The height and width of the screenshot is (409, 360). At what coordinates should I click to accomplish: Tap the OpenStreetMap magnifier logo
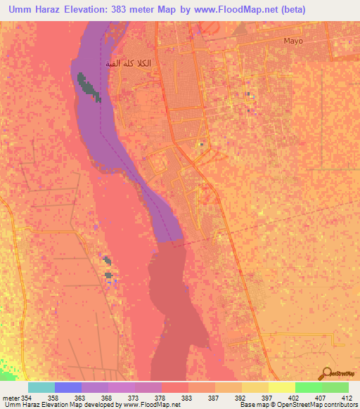click(x=328, y=375)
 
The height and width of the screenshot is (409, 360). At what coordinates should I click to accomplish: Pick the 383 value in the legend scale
click(x=183, y=398)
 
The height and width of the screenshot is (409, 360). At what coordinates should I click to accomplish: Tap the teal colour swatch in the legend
click(x=41, y=387)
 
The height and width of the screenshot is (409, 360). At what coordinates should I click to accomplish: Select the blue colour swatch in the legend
click(x=68, y=387)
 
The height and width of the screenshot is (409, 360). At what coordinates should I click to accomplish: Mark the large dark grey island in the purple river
click(x=87, y=86)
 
